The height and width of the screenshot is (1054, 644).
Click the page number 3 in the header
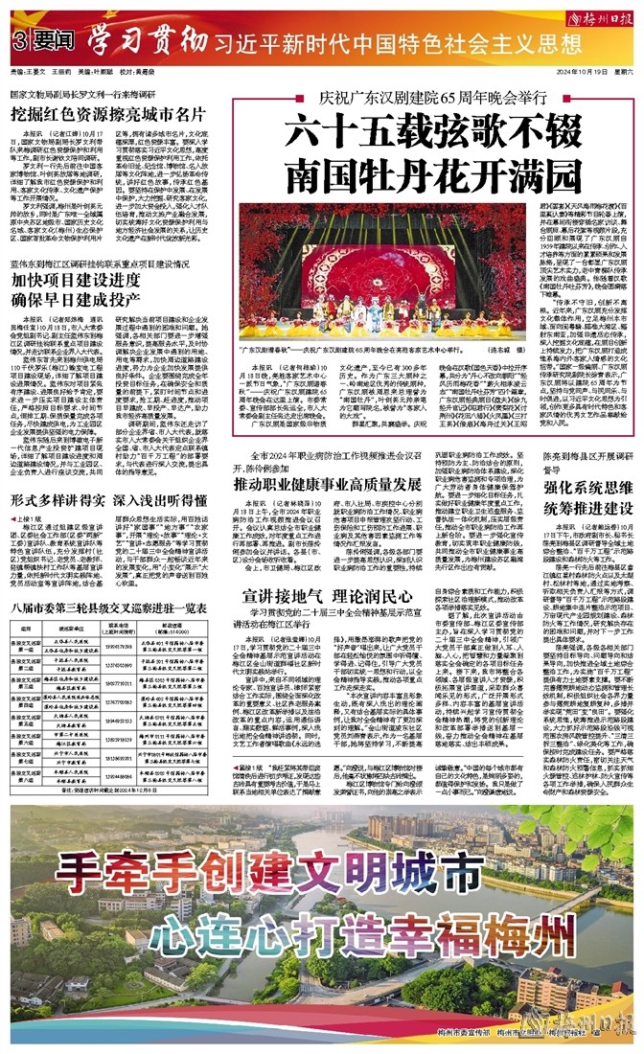[x=19, y=41]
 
